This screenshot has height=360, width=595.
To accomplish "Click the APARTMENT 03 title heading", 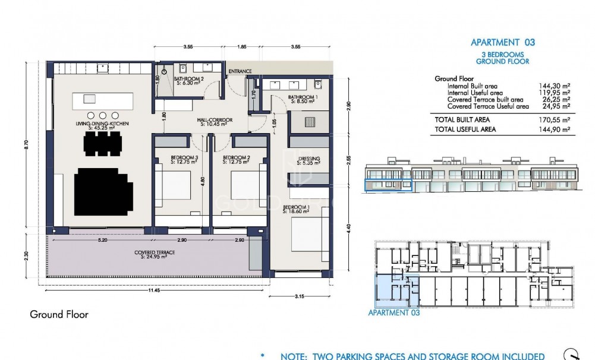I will (x=502, y=42).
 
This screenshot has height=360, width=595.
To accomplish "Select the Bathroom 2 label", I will (x=189, y=80).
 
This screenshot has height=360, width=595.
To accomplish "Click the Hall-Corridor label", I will (x=215, y=121).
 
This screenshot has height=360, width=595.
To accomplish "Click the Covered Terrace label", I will (x=150, y=254).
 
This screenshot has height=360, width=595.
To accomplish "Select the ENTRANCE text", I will (x=240, y=71).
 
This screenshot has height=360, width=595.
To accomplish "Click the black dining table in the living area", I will (x=103, y=143).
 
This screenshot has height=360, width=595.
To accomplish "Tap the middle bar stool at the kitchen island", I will (x=102, y=115).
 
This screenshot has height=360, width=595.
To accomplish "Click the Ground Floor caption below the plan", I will (x=59, y=315).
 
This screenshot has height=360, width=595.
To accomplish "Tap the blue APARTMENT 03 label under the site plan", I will (x=394, y=312).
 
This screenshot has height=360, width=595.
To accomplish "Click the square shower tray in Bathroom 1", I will (x=308, y=122).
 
